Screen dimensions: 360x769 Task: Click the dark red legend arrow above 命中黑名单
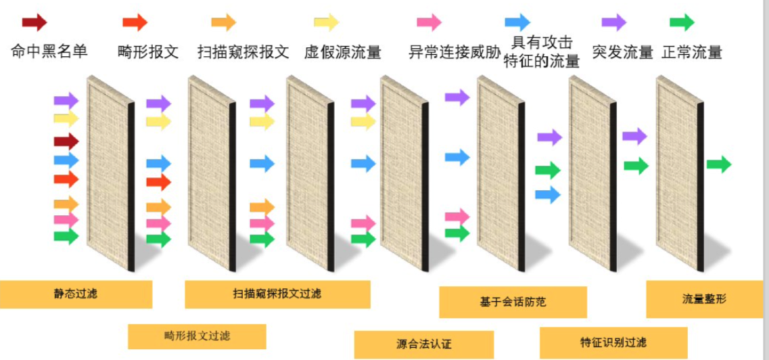click(34, 22)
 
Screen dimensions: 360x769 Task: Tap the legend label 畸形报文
click(147, 51)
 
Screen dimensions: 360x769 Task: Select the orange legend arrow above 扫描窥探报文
click(223, 22)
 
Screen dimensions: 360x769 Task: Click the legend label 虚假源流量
click(342, 51)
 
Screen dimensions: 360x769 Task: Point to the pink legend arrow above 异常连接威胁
click(429, 22)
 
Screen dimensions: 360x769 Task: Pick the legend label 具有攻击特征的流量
click(542, 51)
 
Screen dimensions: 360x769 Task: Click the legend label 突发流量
click(622, 51)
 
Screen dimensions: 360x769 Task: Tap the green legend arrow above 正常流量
click(682, 22)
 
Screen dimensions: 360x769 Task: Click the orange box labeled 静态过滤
click(76, 294)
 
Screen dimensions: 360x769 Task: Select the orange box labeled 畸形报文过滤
click(197, 336)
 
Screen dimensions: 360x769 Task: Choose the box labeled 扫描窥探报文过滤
click(277, 294)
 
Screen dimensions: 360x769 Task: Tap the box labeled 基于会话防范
click(513, 302)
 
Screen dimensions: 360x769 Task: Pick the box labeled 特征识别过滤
click(613, 342)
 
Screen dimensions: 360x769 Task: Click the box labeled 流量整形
click(704, 298)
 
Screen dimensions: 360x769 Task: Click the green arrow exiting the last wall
click(718, 164)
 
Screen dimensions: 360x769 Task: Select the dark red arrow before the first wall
click(66, 141)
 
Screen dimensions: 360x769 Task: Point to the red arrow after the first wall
click(158, 181)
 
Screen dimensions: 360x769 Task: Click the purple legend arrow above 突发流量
click(613, 22)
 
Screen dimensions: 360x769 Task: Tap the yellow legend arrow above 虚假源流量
click(326, 22)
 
